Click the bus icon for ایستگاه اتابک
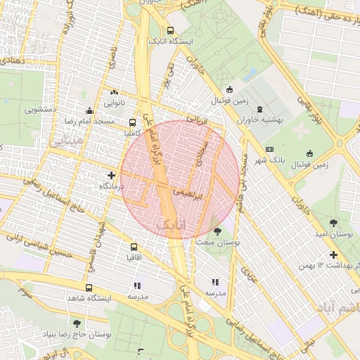[171, 30]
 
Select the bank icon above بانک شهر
[269, 150]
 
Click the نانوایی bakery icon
[114, 91]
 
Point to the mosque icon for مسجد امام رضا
[89, 110]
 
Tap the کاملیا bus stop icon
[133, 122]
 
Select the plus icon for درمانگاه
[111, 174]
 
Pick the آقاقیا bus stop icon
[134, 247]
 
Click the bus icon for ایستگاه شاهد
[89, 288]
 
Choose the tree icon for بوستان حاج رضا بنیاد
[77, 323]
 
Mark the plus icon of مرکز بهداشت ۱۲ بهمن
[333, 255]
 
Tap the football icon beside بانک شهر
[310, 154]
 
